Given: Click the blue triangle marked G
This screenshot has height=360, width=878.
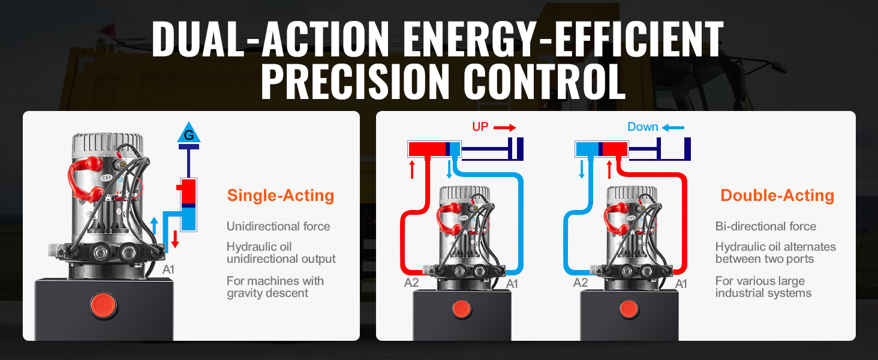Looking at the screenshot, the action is [189, 133].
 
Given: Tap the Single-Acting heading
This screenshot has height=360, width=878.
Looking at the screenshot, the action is [281, 196].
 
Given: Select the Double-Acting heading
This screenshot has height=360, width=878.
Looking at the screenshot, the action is [777, 196].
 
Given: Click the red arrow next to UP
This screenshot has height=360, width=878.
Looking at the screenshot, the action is [505, 127].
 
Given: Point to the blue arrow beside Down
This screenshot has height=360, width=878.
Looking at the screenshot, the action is [673, 127].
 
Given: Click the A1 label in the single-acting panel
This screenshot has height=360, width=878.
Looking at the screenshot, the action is [168, 270].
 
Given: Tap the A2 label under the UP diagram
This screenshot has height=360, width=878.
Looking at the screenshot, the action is [411, 283].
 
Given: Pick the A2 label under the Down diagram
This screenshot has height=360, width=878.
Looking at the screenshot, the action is [580, 283].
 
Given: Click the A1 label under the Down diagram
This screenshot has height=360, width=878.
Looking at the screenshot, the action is [681, 284].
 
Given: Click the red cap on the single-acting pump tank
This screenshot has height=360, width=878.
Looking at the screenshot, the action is [104, 305].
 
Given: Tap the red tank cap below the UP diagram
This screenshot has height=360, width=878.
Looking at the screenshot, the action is [462, 309].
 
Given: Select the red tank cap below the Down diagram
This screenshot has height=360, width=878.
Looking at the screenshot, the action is [629, 309].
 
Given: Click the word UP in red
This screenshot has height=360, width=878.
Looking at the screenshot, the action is [480, 127].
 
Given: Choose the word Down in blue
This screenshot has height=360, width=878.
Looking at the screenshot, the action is [643, 127].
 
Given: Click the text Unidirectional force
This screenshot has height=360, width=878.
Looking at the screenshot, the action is [278, 226].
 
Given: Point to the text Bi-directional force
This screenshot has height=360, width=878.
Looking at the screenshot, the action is [765, 226].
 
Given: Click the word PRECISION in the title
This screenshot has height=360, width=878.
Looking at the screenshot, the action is [354, 82].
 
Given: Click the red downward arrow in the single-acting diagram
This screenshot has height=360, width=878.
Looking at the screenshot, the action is [175, 239].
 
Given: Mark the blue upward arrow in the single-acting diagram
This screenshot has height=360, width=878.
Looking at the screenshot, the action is [155, 226].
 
